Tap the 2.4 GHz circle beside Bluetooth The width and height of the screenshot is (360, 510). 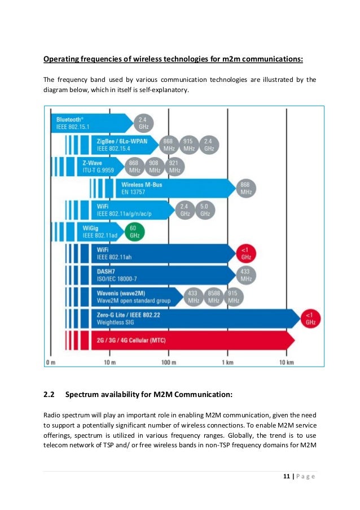tap(143, 123)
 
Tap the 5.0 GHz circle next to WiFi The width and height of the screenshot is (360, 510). tap(205, 210)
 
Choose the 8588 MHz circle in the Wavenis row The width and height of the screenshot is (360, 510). tap(213, 297)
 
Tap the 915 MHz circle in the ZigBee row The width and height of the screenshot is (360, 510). tap(189, 145)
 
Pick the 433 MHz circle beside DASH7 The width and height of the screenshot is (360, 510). tap(245, 275)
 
